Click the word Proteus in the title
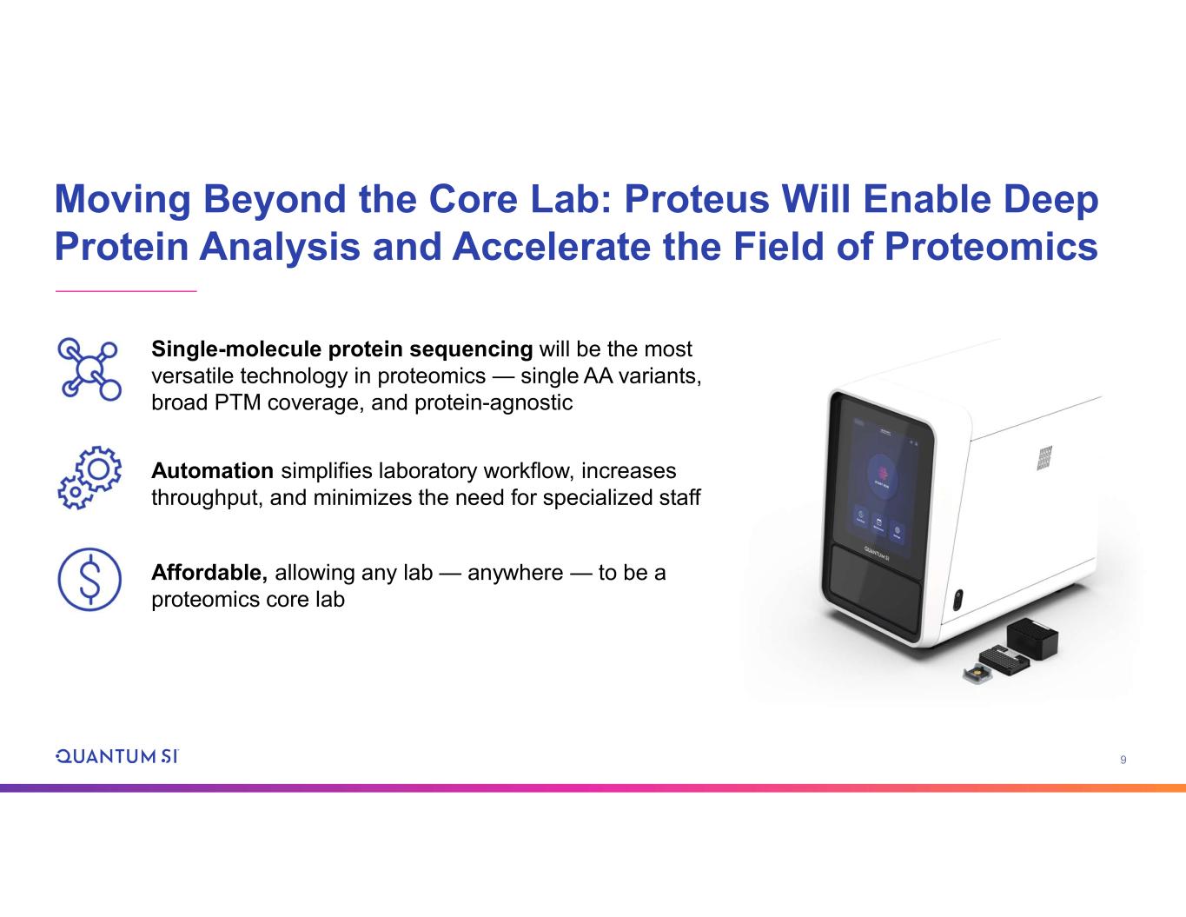(x=697, y=199)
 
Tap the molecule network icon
(x=89, y=369)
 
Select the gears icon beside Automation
(x=89, y=477)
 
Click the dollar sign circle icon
(x=89, y=579)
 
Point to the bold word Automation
(x=212, y=470)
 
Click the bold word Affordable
(x=209, y=573)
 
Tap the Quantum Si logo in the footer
(x=117, y=756)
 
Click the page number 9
(x=1123, y=760)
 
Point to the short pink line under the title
(x=126, y=291)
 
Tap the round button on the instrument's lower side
(x=957, y=600)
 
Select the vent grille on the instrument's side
(x=1044, y=458)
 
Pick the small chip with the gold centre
(x=977, y=675)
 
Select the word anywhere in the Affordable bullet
(x=515, y=573)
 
